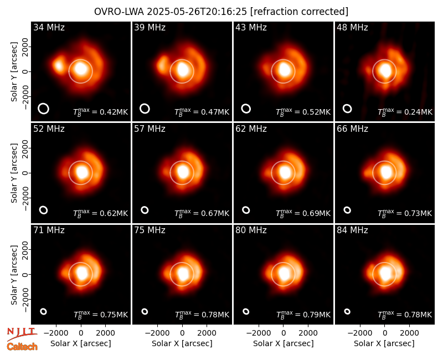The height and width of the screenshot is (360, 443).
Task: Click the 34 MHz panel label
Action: click(x=49, y=27)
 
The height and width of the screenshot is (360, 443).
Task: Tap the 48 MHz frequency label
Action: click(x=352, y=27)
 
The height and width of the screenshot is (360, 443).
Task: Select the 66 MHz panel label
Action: click(x=352, y=129)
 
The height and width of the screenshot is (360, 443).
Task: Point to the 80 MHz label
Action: click(x=251, y=230)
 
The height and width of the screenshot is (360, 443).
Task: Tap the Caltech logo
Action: click(x=22, y=347)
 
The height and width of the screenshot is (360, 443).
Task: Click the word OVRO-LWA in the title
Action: click(x=119, y=12)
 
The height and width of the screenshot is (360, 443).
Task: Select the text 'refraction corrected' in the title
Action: click(x=300, y=12)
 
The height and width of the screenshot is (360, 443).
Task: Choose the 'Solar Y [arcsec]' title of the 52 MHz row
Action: click(x=14, y=173)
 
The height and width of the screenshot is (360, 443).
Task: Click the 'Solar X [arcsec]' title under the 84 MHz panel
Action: click(x=384, y=343)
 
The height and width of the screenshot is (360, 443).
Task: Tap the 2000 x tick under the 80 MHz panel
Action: click(x=308, y=333)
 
